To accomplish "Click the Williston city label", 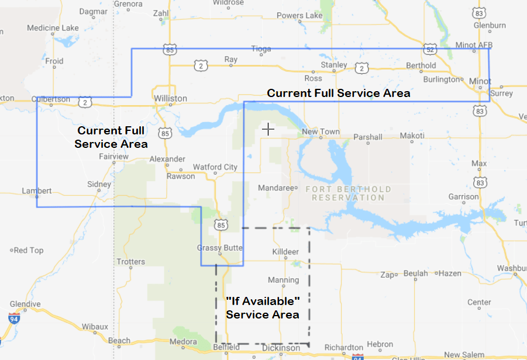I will click(x=170, y=98).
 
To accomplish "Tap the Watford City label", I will click(x=215, y=167).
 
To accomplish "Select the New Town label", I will click(x=321, y=131).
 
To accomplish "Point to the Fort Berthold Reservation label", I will click(x=348, y=193).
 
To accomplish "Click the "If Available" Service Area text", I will click(x=263, y=307).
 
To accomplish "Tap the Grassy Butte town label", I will click(x=220, y=248).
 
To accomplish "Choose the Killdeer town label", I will click(x=285, y=251).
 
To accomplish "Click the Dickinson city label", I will click(x=280, y=348).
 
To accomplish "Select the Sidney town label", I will click(x=99, y=184).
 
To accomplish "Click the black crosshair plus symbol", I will click(x=268, y=129).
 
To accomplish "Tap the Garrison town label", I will click(x=464, y=197).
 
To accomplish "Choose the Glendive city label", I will click(x=25, y=304).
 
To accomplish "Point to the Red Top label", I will click(x=29, y=250).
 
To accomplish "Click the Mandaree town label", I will click(x=275, y=188).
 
